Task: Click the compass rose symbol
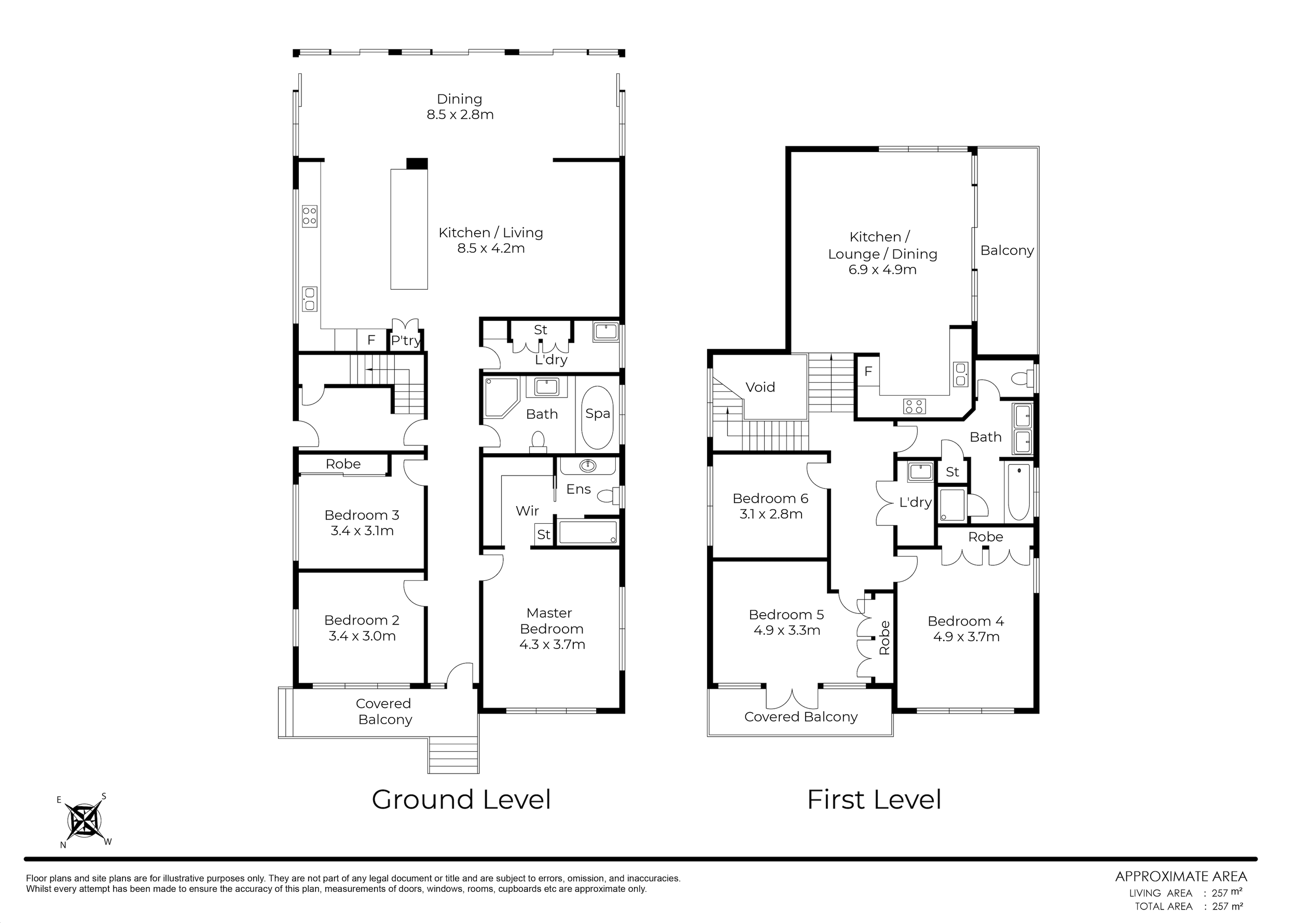[84, 821]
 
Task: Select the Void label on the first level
[760, 387]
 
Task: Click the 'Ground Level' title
[461, 799]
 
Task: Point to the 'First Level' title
[874, 799]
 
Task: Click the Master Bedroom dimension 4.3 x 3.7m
[552, 645]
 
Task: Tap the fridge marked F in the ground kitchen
[371, 340]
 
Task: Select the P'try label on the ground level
[406, 341]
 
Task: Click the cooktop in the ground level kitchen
[310, 216]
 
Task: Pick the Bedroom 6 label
[770, 498]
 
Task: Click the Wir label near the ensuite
[527, 511]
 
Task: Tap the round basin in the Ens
[587, 466]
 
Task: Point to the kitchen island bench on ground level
[409, 229]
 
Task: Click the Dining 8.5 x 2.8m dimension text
[460, 115]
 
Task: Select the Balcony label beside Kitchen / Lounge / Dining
[1007, 251]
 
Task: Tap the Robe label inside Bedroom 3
[343, 464]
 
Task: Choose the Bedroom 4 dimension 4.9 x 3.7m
[966, 636]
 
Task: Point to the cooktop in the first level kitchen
[914, 406]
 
